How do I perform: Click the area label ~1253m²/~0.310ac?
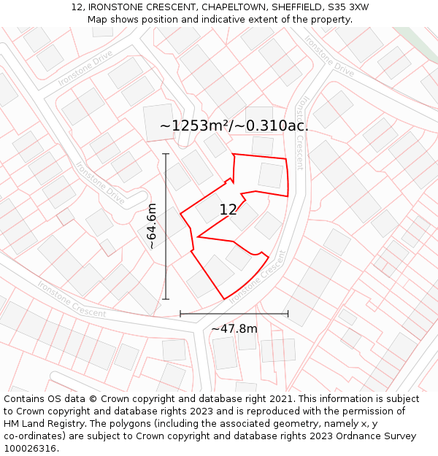(x=234, y=125)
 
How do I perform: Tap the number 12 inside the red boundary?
(x=228, y=210)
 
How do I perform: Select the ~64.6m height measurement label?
(x=152, y=227)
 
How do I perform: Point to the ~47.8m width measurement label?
(x=234, y=328)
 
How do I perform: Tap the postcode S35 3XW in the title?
(x=350, y=7)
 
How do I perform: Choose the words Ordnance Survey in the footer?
(x=375, y=436)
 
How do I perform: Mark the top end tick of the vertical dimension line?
(x=166, y=154)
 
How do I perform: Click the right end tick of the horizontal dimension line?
(x=288, y=314)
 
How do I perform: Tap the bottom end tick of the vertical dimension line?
(x=166, y=299)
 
